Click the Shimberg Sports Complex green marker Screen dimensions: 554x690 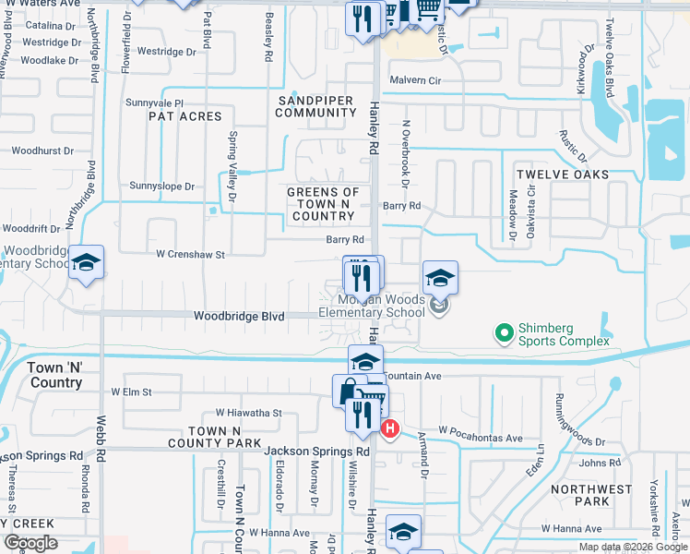(x=504, y=331)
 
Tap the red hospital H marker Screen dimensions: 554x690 (x=390, y=428)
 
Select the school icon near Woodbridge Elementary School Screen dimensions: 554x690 (x=86, y=263)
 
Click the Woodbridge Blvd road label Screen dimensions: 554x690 (x=239, y=316)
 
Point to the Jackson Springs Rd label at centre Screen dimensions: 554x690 (x=316, y=452)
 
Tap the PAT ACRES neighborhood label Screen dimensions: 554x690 (x=185, y=116)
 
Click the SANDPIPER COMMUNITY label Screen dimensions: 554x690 (x=315, y=105)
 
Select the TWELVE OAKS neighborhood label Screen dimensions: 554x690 (x=563, y=175)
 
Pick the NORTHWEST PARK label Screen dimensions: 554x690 (x=591, y=495)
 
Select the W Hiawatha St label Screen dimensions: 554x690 (x=248, y=413)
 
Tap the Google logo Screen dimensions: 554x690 (x=30, y=543)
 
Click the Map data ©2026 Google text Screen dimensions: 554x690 (x=632, y=547)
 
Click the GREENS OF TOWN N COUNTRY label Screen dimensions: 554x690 (x=323, y=203)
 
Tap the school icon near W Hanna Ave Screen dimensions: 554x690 (x=403, y=531)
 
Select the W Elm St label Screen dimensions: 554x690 (x=131, y=391)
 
